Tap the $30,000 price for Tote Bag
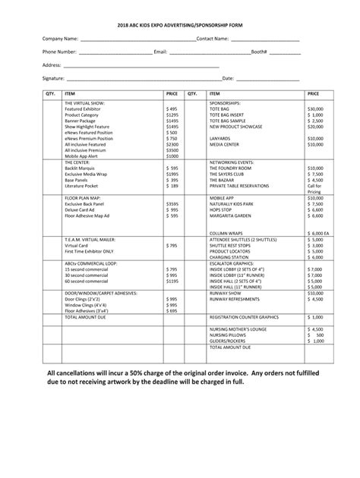tap(315, 108)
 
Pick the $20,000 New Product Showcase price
tap(315, 127)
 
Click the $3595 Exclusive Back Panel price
tap(172, 204)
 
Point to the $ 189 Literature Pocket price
tap(172, 186)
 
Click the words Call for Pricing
tap(314, 189)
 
